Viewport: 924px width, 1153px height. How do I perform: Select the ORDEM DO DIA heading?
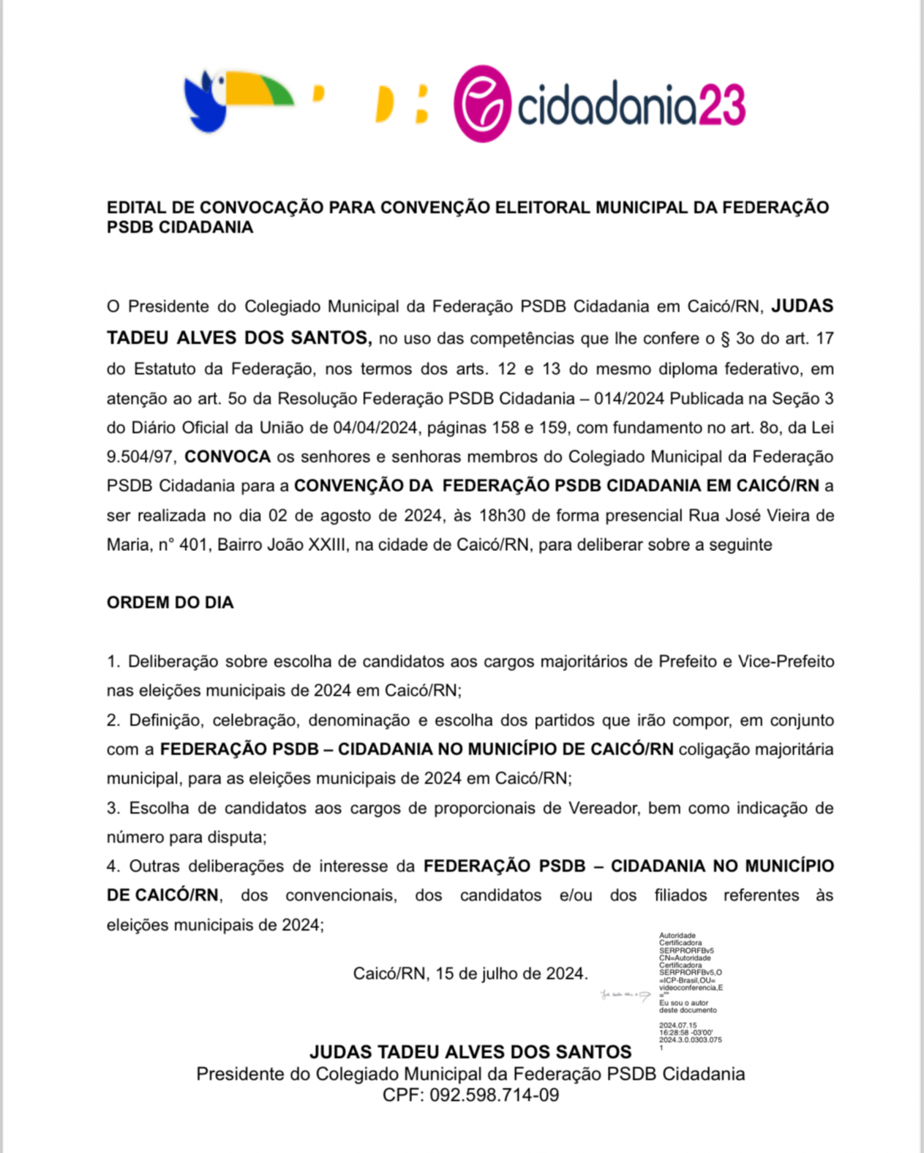click(170, 602)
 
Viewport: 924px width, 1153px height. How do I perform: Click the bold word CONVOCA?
click(227, 457)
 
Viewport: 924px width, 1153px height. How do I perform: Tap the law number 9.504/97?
click(139, 457)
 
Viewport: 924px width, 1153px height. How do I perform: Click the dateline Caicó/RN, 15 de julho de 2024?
click(470, 973)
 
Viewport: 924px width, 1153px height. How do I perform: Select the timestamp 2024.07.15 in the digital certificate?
click(677, 1026)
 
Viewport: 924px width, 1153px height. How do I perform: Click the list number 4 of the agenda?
click(111, 866)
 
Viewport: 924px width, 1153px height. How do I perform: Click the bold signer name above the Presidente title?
click(470, 1052)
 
